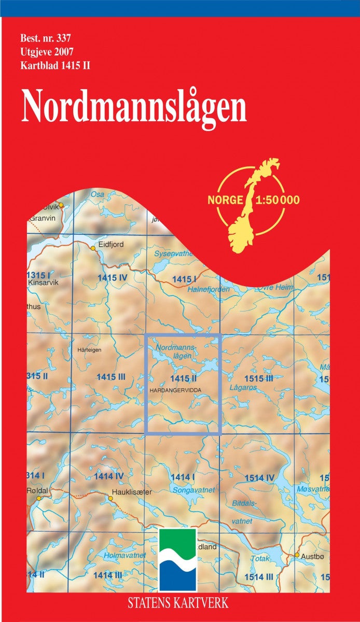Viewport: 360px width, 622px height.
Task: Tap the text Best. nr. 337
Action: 46,38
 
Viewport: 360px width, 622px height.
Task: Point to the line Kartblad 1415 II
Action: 56,66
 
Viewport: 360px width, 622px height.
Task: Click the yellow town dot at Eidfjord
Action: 93,248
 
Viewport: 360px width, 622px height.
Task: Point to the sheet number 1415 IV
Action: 112,278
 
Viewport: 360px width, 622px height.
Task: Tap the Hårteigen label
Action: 89,350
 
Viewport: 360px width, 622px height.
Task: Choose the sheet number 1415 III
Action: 111,377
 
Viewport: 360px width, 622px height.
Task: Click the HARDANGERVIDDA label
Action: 174,389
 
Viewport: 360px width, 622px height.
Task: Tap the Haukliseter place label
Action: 132,492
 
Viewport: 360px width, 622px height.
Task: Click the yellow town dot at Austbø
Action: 297,555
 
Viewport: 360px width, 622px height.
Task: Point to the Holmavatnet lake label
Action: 124,556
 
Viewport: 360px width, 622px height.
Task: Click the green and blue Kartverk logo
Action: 178,559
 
